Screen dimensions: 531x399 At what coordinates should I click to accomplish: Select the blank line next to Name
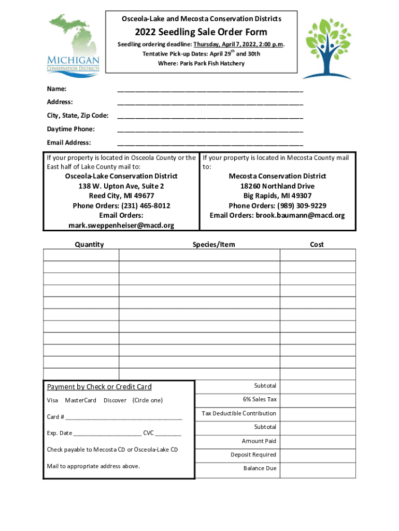pyautogui.click(x=210, y=90)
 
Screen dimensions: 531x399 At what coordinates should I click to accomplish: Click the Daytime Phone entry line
pyautogui.click(x=210, y=130)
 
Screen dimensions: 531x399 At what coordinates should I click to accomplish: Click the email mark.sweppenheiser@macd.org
pyautogui.click(x=121, y=226)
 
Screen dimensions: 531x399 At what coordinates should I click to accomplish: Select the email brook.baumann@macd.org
pyautogui.click(x=300, y=216)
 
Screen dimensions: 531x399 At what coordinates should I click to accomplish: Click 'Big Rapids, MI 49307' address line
pyautogui.click(x=277, y=196)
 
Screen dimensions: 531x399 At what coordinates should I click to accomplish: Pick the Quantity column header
pyautogui.click(x=89, y=244)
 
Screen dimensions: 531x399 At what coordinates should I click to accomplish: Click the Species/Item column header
pyautogui.click(x=213, y=244)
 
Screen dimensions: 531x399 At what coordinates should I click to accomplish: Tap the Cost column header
pyautogui.click(x=317, y=244)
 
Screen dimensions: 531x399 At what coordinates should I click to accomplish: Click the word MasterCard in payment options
pyautogui.click(x=81, y=400)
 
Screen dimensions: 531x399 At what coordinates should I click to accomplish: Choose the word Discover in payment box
pyautogui.click(x=115, y=400)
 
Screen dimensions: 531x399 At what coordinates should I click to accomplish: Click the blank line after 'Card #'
pyautogui.click(x=124, y=417)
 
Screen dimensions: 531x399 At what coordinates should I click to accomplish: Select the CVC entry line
pyautogui.click(x=168, y=434)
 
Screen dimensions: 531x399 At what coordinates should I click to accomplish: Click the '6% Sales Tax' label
pyautogui.click(x=260, y=400)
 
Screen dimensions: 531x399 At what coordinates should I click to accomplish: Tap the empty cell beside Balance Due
pyautogui.click(x=318, y=469)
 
